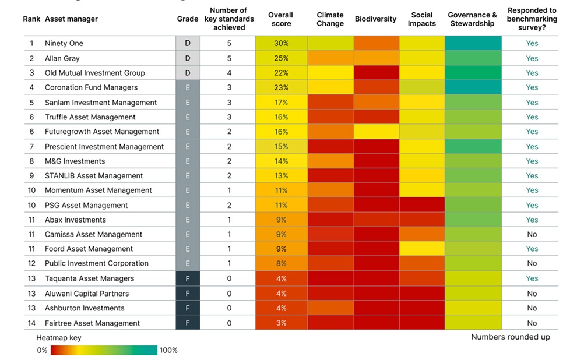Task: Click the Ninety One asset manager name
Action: click(64, 43)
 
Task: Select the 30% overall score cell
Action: click(281, 43)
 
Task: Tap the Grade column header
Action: click(188, 19)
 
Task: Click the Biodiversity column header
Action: click(375, 19)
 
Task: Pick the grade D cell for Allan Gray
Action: click(188, 58)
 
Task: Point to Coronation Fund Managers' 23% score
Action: click(281, 87)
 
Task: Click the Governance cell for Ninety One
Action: click(473, 43)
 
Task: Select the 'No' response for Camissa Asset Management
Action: click(532, 234)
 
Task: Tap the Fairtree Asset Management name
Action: click(92, 323)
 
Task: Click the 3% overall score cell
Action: click(281, 323)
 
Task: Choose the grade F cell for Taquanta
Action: click(188, 278)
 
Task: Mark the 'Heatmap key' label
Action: click(59, 338)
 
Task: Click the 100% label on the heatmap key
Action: click(168, 350)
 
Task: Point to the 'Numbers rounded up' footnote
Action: click(510, 337)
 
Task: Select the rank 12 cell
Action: click(32, 263)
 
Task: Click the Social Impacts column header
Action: click(421, 19)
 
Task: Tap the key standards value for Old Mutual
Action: click(229, 73)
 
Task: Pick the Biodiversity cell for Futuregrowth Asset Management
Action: click(375, 132)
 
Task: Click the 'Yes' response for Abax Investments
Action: click(532, 220)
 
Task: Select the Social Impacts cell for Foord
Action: click(421, 249)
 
